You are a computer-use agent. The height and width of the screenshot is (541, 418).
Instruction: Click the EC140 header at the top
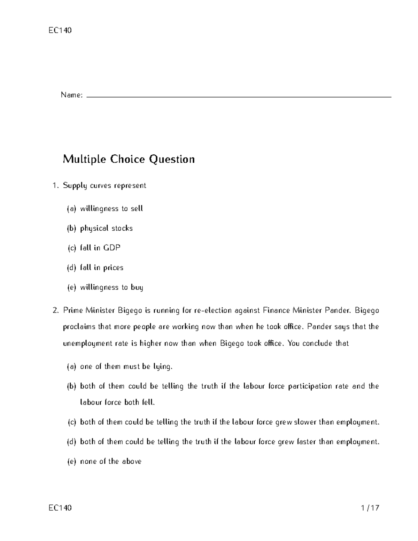pos(60,30)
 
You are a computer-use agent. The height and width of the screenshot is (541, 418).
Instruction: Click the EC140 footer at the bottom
pos(60,508)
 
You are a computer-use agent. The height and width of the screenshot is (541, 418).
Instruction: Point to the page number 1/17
pos(370,508)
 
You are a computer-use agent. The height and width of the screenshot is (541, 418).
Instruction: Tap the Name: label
pos(71,95)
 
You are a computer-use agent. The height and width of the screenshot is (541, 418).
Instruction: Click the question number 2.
pos(56,310)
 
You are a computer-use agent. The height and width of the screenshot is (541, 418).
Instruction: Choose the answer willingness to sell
pos(111,209)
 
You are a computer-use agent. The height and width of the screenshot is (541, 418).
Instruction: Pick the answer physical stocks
pos(106,229)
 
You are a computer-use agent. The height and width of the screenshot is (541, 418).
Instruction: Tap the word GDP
pos(112,248)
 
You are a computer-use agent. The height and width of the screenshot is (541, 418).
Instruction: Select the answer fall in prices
pos(101,268)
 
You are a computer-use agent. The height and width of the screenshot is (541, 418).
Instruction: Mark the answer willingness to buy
pos(111,287)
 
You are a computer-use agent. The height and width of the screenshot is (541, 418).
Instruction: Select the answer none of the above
pos(110,462)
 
